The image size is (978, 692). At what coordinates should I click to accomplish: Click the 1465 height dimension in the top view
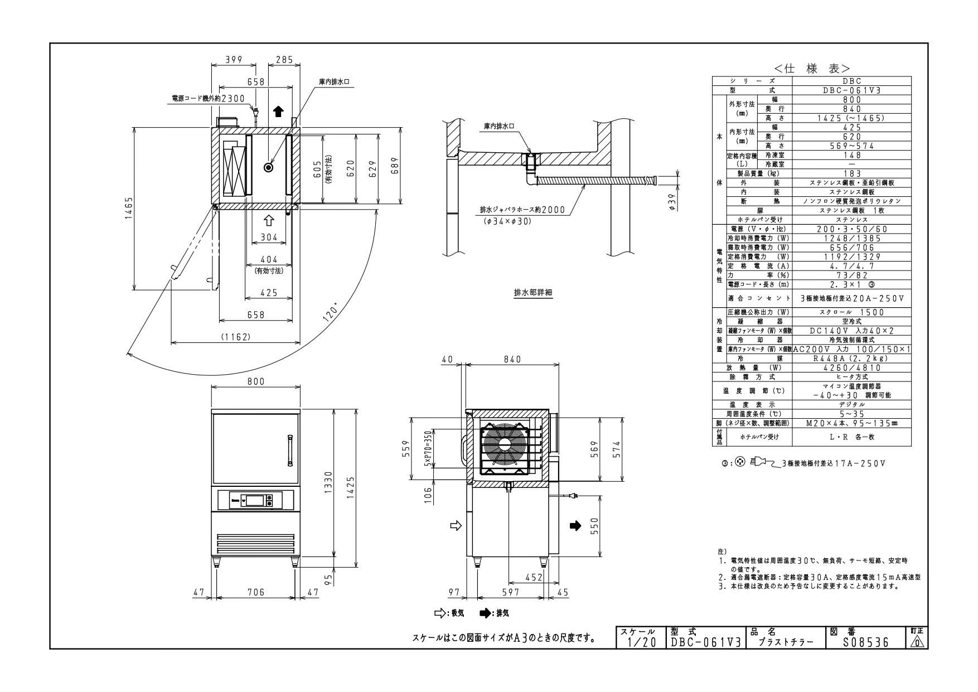click(129, 209)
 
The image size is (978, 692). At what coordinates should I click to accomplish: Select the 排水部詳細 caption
click(532, 292)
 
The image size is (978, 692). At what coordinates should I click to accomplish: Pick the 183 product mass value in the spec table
click(851, 173)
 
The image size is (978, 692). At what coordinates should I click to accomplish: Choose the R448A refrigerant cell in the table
click(851, 359)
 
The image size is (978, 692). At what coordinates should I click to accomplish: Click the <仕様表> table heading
click(811, 69)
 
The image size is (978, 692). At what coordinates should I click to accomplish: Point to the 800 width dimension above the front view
click(255, 382)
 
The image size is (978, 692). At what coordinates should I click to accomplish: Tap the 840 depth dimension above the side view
click(512, 360)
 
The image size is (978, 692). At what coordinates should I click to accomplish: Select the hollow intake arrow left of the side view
click(456, 525)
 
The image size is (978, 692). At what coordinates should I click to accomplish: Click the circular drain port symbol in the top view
click(269, 167)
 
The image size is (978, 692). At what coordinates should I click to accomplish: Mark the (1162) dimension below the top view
click(235, 337)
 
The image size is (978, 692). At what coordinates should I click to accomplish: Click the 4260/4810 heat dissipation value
click(851, 368)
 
